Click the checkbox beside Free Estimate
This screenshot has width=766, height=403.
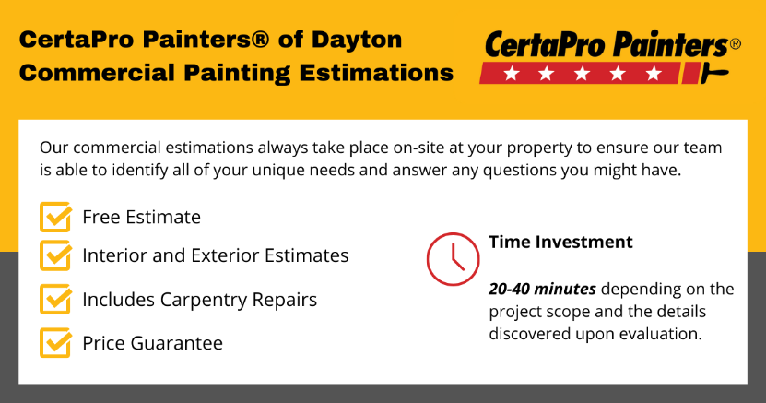click(x=55, y=218)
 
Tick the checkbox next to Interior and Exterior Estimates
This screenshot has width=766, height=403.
click(x=55, y=255)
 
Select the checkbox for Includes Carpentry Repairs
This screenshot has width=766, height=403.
click(x=55, y=300)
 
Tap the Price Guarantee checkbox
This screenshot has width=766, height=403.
click(x=55, y=343)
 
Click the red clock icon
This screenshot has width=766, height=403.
click(x=453, y=259)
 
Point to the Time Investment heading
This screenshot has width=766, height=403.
click(x=560, y=243)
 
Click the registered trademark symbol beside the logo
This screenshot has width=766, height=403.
click(x=735, y=43)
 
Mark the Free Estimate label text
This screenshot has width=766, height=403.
click(x=141, y=218)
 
